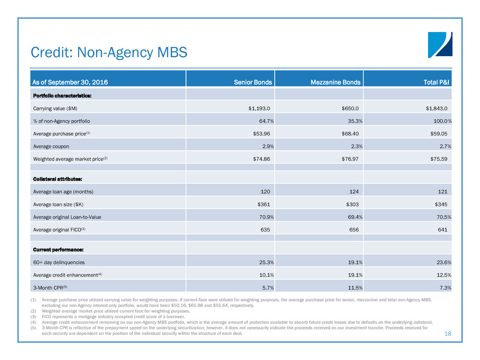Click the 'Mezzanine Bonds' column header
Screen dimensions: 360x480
(335, 82)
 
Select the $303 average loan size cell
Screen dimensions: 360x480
(355, 204)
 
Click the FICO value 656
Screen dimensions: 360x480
(355, 229)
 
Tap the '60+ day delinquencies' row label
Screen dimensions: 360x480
(58, 262)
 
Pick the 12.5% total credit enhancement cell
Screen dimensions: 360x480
(443, 275)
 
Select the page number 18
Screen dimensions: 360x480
(448, 333)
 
